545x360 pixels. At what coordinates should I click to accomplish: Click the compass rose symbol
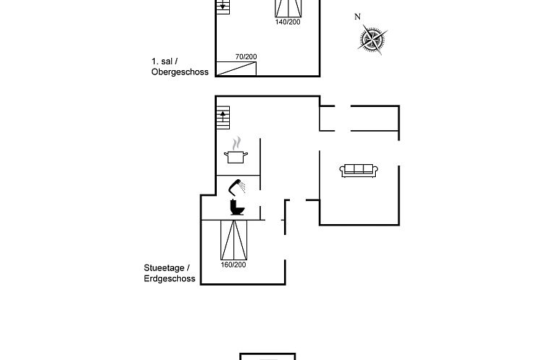tap(372, 39)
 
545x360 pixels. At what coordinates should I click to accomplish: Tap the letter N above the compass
tap(357, 17)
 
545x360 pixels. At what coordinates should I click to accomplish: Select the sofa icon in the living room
tap(359, 171)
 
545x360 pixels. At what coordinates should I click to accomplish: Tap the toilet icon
tap(237, 207)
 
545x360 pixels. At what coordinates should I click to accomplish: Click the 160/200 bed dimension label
tap(233, 265)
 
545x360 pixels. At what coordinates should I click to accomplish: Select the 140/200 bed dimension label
tap(288, 22)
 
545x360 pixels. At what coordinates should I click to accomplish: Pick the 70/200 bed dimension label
tap(246, 56)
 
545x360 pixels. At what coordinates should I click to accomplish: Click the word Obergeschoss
tap(180, 72)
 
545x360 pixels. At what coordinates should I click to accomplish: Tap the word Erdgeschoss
tap(170, 279)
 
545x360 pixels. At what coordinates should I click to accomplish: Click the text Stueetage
tap(164, 268)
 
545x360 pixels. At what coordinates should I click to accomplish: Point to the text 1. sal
tap(162, 61)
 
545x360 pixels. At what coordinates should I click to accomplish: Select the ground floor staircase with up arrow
tap(223, 117)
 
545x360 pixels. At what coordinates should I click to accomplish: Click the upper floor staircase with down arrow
tap(223, 7)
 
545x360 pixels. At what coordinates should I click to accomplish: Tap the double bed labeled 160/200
tap(234, 240)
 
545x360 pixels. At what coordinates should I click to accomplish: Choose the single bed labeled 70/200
tap(236, 69)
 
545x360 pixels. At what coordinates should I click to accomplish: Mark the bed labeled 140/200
tap(288, 9)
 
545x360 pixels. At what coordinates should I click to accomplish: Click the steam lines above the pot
tap(236, 143)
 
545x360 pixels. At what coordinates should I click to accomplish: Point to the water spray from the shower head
tap(242, 187)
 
